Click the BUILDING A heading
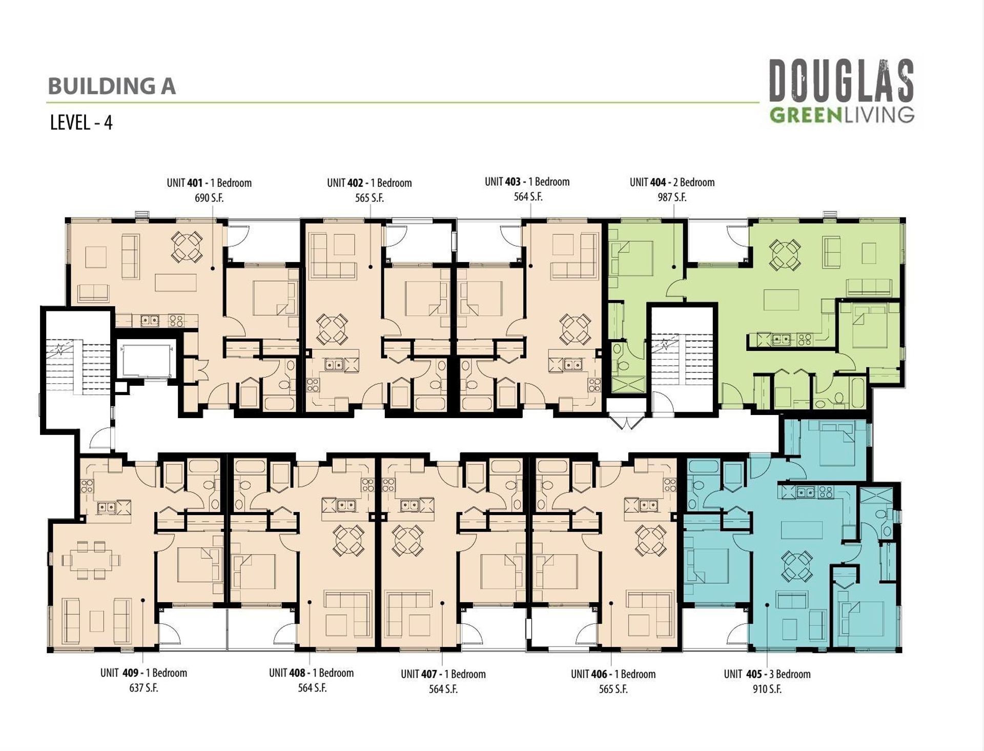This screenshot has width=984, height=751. [x=112, y=86]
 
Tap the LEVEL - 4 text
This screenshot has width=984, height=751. [x=81, y=123]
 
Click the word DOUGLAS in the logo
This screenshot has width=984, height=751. [x=842, y=81]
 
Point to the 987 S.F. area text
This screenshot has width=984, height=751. [x=672, y=197]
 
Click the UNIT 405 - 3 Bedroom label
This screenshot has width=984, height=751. [x=767, y=674]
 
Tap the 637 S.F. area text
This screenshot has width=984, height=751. [x=143, y=688]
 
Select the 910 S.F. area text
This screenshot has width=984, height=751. [x=767, y=689]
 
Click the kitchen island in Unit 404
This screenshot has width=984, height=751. [x=782, y=300]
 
